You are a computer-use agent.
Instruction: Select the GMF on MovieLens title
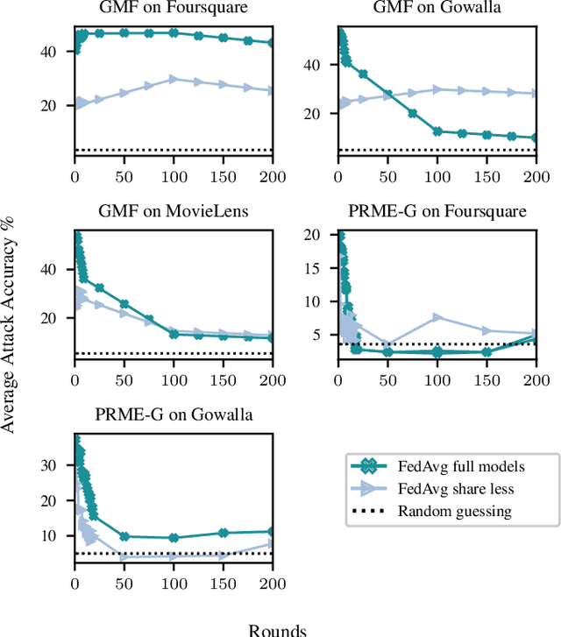pos(174,211)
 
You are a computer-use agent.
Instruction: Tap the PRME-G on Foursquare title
pos(437,211)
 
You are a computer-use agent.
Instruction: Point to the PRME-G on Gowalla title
pos(174,414)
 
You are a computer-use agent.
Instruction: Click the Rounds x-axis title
pos(277,627)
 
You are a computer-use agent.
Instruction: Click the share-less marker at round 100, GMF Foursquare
pos(174,79)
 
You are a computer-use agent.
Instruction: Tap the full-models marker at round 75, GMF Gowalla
pos(412,113)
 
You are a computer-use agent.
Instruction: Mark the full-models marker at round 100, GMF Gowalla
pos(437,131)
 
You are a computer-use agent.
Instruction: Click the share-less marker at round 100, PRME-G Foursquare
pos(437,317)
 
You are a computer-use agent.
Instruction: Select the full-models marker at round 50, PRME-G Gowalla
pos(124,536)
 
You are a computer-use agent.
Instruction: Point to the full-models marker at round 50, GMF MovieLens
pos(124,304)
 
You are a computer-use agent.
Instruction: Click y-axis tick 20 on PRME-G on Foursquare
pos(323,235)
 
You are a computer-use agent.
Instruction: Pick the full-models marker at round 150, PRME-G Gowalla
pos(223,533)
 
